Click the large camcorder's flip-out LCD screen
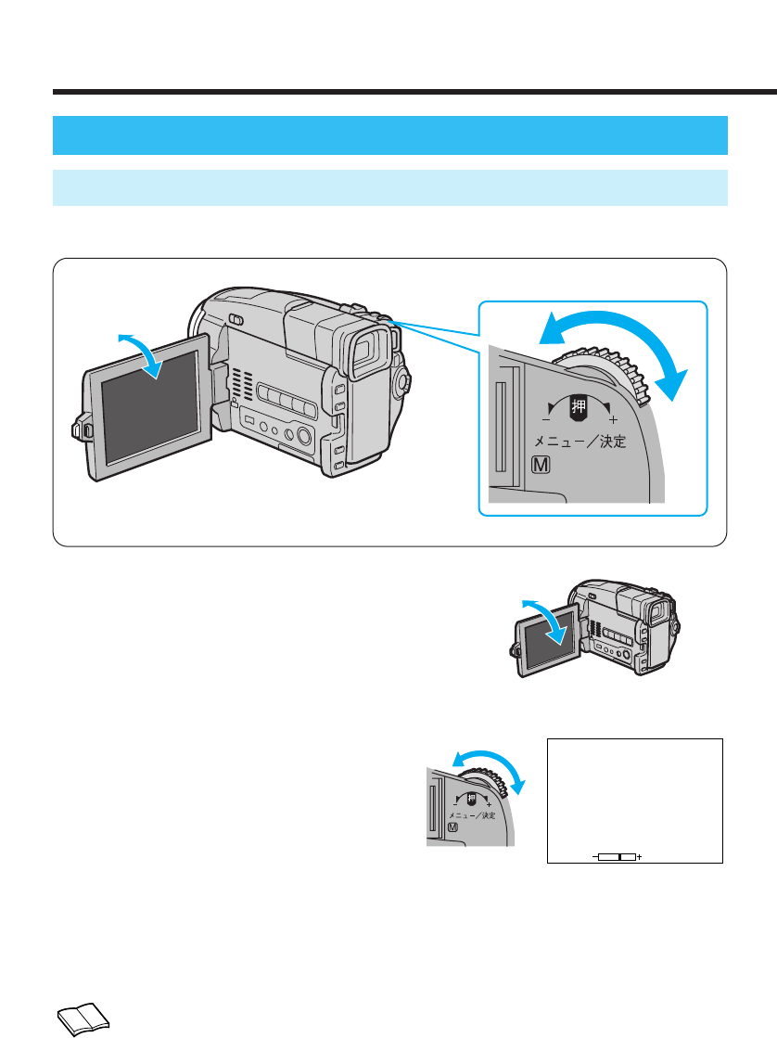tap(148, 404)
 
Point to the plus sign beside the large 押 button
tap(613, 420)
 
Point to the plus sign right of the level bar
tap(640, 856)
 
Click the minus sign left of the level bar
tap(594, 856)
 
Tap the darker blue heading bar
tap(389, 135)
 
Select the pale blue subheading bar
tap(389, 187)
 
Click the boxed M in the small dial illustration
tap(452, 827)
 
